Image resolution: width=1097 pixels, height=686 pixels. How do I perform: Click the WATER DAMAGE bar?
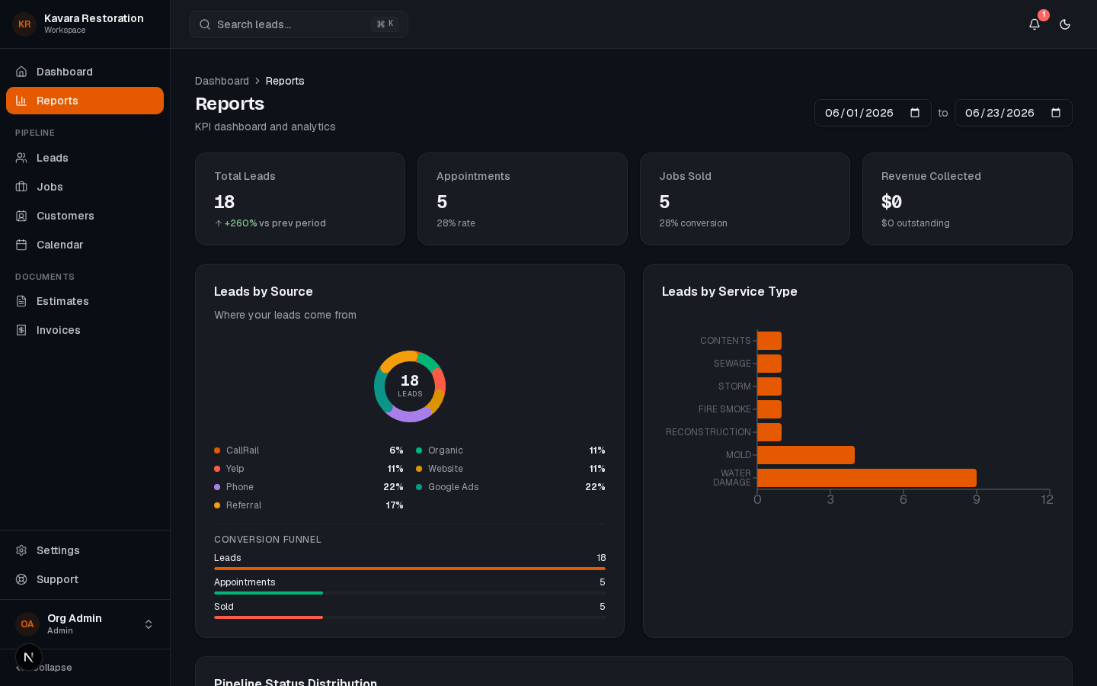click(x=867, y=478)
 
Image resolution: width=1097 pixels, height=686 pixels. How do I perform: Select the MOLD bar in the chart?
click(x=806, y=455)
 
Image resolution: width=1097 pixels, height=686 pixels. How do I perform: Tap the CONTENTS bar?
click(x=769, y=341)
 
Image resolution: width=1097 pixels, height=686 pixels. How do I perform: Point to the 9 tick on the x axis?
click(x=976, y=499)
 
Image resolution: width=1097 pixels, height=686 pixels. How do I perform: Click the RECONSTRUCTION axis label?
click(x=708, y=431)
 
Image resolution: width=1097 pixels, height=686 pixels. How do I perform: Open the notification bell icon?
click(x=1034, y=24)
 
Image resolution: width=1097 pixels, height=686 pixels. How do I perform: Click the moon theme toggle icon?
click(x=1065, y=24)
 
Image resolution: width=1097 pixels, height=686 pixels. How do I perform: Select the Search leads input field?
click(x=299, y=24)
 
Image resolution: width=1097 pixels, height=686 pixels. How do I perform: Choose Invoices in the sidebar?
click(x=58, y=330)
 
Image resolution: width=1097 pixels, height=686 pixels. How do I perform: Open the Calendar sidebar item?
click(x=59, y=245)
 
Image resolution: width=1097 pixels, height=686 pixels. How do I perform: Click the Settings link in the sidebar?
click(x=58, y=550)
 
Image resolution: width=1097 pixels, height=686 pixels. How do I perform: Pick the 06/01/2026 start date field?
click(x=873, y=113)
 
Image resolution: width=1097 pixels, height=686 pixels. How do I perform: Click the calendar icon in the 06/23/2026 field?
click(x=1055, y=113)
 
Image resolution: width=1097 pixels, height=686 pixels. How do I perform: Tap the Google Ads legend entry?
click(x=510, y=487)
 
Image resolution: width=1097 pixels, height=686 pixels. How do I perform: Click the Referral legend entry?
click(x=309, y=505)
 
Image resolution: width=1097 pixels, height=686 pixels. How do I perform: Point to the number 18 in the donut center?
click(x=410, y=381)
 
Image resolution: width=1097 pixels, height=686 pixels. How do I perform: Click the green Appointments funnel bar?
click(x=268, y=593)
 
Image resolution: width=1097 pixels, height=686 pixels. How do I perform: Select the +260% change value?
click(x=241, y=223)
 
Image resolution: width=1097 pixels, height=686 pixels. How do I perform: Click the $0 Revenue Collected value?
click(x=891, y=202)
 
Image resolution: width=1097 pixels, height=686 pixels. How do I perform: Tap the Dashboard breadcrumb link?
click(x=222, y=81)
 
